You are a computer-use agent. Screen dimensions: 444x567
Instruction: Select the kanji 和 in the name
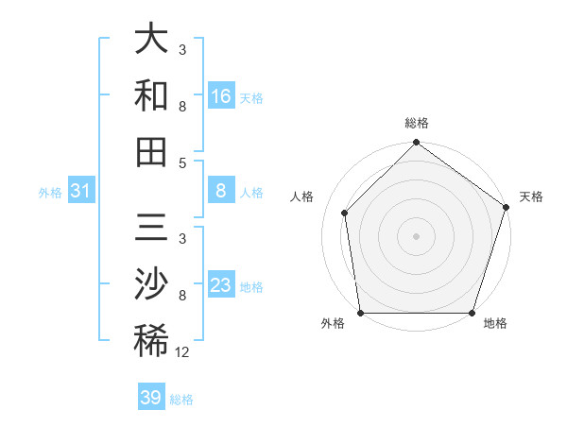tap(151, 95)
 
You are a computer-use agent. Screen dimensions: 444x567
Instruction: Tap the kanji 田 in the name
tap(151, 151)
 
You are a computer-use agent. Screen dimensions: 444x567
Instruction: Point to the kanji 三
tap(151, 230)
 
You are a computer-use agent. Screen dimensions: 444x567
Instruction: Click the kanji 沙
tap(151, 283)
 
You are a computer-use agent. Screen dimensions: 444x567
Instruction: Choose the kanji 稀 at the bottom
tap(151, 340)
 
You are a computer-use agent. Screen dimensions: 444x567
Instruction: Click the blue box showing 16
tap(220, 96)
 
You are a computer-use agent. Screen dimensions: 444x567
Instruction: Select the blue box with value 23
tap(220, 286)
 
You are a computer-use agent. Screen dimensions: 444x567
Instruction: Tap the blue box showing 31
tap(80, 192)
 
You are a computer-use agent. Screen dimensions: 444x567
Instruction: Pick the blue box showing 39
tap(151, 398)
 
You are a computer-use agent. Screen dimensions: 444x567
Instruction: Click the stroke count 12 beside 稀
tap(182, 352)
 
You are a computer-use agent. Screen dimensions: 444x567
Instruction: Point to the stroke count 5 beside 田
tap(182, 162)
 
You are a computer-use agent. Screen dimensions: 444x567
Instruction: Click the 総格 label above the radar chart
tap(417, 123)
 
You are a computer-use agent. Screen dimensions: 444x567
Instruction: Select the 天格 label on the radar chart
tap(531, 196)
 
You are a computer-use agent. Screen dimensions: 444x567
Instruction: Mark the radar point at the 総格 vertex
tap(416, 144)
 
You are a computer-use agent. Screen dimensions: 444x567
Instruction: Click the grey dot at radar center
tap(416, 235)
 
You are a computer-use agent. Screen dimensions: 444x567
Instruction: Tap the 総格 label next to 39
tap(181, 400)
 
